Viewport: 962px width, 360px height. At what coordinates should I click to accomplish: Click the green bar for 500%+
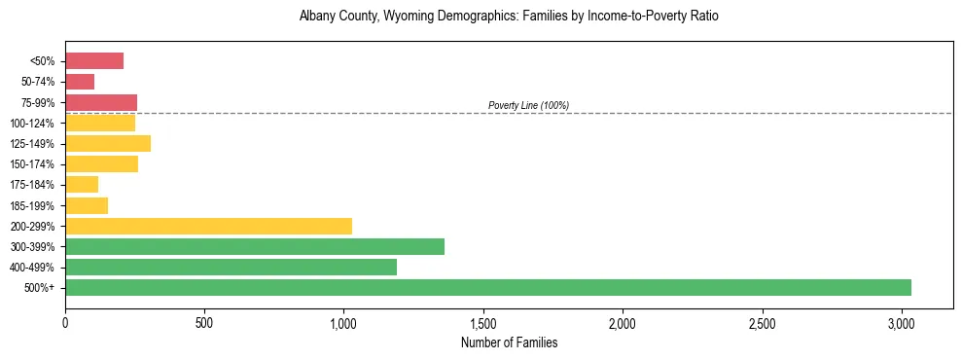[487, 287]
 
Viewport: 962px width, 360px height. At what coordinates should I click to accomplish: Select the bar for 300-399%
[254, 246]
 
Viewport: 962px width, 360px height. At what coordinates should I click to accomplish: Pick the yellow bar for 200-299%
[208, 226]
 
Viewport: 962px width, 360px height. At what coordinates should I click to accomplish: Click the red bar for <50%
[94, 61]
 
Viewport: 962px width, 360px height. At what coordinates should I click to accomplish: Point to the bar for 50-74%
[80, 82]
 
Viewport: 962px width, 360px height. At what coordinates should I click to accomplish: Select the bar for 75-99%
[101, 102]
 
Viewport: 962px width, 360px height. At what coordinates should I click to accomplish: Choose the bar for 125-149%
[108, 144]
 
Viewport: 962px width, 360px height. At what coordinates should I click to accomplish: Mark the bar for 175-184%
[82, 185]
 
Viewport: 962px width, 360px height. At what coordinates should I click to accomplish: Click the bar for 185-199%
[87, 205]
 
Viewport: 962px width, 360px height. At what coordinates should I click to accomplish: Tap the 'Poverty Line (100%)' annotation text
[528, 105]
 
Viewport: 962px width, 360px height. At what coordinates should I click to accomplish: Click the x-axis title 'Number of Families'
[509, 342]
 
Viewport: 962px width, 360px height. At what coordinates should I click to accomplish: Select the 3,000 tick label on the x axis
[902, 322]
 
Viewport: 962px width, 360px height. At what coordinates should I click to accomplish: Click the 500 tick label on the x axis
[204, 322]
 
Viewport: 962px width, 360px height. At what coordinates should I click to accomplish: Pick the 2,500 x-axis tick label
[762, 322]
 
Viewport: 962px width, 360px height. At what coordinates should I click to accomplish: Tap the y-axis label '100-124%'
[32, 124]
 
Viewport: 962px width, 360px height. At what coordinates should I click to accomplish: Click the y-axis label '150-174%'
[32, 164]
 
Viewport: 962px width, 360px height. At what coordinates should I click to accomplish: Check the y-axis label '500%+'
[39, 288]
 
